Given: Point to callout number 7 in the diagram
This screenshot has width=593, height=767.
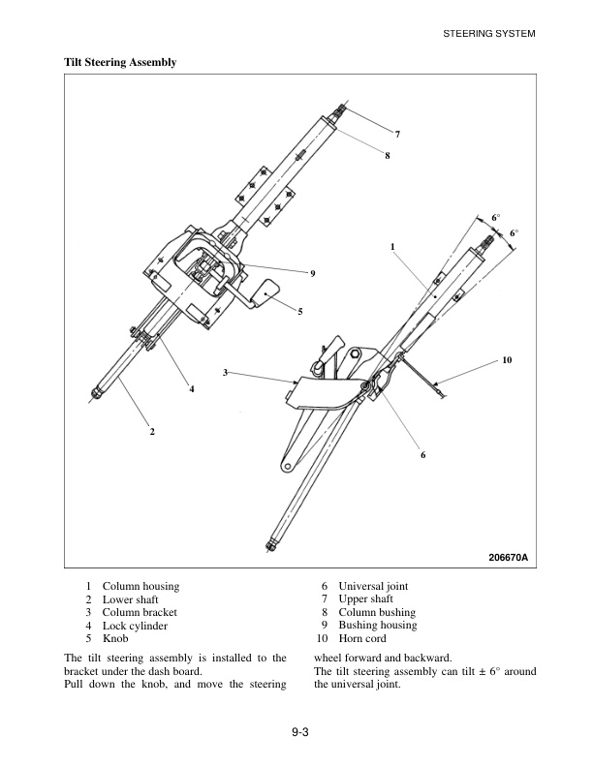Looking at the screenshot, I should [x=397, y=132].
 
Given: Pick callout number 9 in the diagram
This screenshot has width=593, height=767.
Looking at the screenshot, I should [x=313, y=274].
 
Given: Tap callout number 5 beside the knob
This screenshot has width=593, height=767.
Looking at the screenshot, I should [x=300, y=311].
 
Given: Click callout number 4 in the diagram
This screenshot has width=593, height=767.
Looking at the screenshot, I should [x=192, y=389].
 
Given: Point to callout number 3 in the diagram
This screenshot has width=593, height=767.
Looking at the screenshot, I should [x=225, y=372].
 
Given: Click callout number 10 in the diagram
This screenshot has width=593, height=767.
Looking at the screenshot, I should [x=507, y=360].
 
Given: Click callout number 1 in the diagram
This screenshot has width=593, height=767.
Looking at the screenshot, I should [x=392, y=247].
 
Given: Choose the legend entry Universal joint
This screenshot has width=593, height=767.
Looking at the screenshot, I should [x=373, y=586].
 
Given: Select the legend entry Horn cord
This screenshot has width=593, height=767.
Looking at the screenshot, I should [x=362, y=639].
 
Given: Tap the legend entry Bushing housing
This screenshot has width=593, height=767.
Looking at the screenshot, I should [x=377, y=626].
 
